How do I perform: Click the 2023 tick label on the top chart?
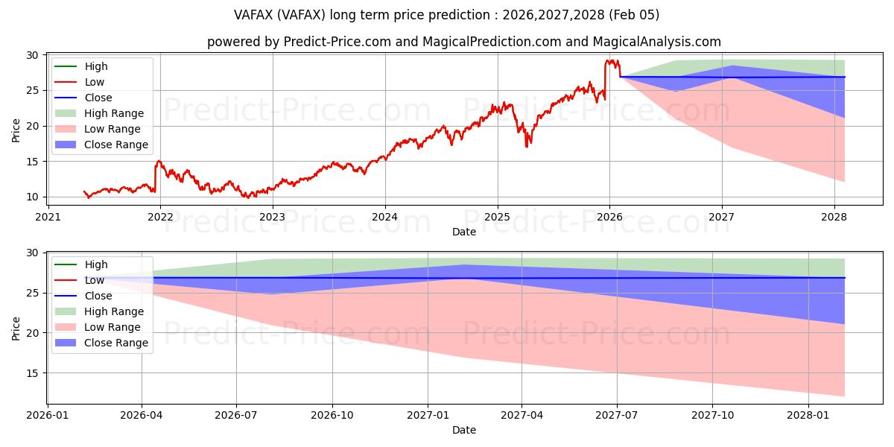tap(272, 218)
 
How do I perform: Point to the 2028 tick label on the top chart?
tap(834, 218)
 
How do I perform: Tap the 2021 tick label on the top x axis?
tap(48, 218)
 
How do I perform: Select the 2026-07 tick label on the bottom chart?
tap(236, 416)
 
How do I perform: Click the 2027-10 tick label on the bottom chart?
tap(713, 416)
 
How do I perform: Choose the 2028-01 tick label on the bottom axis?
tap(808, 416)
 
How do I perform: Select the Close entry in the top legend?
tap(98, 98)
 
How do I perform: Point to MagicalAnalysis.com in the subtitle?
tap(664, 42)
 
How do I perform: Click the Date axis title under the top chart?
tap(463, 232)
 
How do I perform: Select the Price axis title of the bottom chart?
tap(16, 327)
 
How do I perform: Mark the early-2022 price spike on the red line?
tap(158, 161)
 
